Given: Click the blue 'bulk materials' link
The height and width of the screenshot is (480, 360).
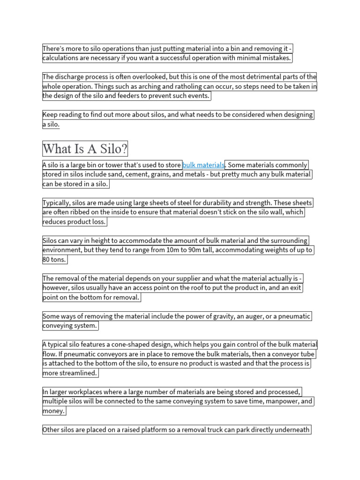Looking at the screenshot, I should click(203, 165).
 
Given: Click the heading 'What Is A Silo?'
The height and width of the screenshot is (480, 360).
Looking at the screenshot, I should click(85, 149).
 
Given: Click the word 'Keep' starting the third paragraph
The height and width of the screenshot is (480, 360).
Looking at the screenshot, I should click(50, 114).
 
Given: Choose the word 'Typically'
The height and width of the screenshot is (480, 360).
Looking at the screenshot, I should click(58, 203).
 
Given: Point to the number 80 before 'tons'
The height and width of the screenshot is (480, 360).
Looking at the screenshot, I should click(47, 259).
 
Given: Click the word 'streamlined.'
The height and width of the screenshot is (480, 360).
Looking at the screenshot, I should click(77, 373).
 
